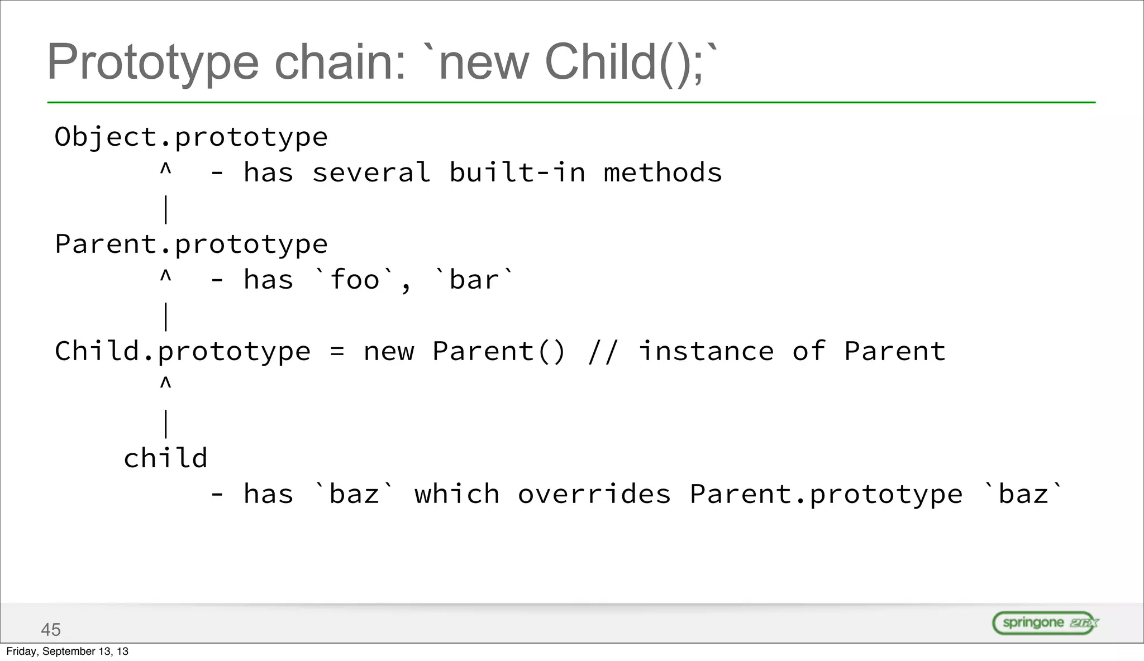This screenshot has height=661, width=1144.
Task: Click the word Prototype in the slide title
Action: pos(152,63)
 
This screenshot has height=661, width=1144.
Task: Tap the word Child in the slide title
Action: pos(600,63)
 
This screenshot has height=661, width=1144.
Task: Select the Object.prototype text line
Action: pos(191,137)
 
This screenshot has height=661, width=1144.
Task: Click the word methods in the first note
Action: pos(662,173)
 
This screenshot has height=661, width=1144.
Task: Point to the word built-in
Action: pos(517,173)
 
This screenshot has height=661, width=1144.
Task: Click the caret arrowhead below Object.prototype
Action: pos(165,169)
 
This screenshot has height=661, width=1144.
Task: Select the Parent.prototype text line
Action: pos(191,245)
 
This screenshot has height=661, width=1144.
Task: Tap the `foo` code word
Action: pos(355,279)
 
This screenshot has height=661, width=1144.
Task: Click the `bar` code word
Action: pos(474,279)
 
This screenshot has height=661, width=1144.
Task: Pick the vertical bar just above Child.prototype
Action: pos(165,317)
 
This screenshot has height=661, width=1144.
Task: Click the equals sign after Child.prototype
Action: pos(337,352)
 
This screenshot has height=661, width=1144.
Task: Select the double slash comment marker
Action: pos(603,352)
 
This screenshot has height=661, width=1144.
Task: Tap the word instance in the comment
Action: pos(706,352)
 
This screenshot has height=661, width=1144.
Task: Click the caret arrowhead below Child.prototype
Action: pos(165,383)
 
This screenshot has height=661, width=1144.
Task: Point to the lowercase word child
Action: pos(165,458)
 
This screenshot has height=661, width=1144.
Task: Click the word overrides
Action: pos(594,495)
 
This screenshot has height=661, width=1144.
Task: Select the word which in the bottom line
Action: pos(457,495)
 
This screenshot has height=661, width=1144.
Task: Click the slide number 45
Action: pos(51,630)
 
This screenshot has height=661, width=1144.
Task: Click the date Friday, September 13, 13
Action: pos(67,652)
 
